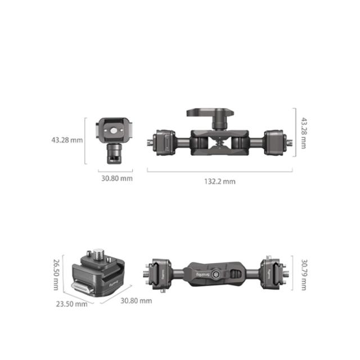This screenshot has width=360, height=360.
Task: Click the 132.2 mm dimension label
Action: click(220, 181)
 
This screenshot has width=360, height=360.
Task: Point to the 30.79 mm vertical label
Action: click(304, 274)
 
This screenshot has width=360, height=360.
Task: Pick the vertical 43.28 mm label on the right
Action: click(304, 133)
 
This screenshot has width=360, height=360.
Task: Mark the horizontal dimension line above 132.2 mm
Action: click(220, 170)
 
